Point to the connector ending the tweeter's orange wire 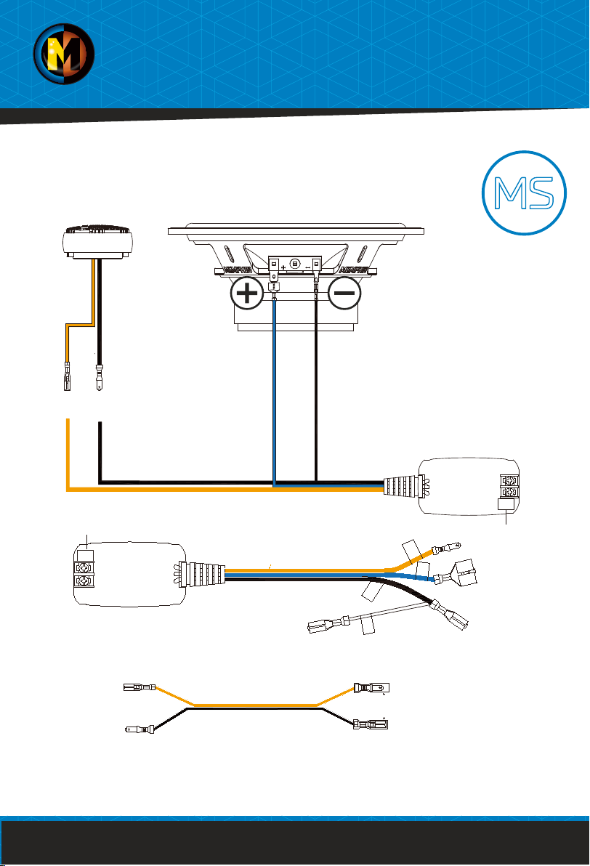pos(67,377)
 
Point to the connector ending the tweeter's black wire pos(100,377)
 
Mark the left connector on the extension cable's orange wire pos(140,686)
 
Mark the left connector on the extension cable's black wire pos(140,729)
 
